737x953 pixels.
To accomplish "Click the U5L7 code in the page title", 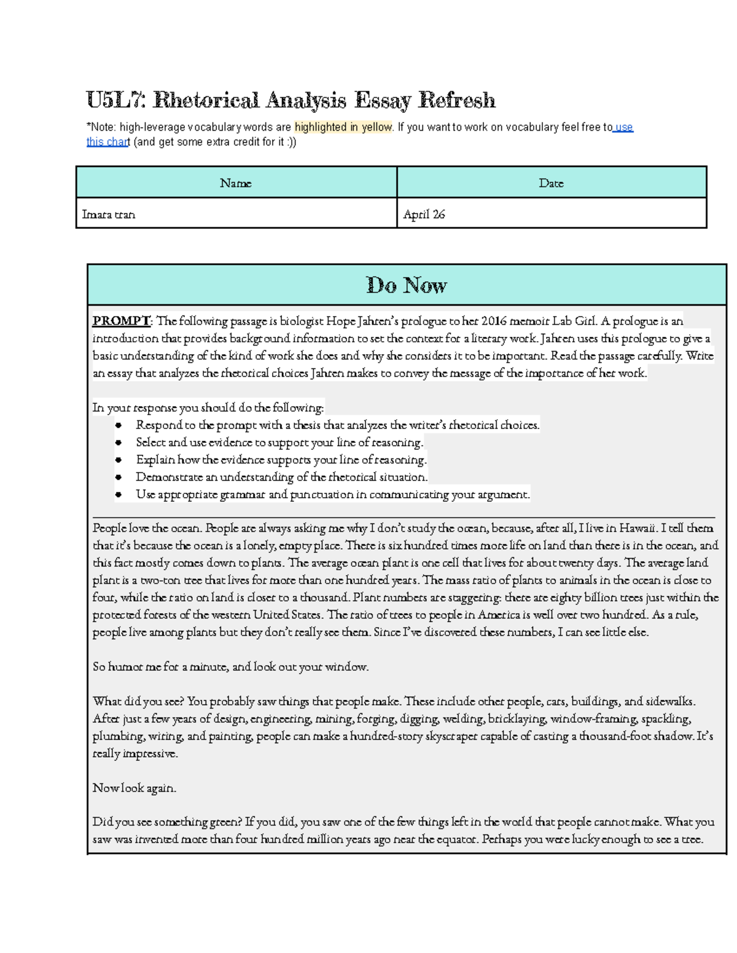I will pyautogui.click(x=116, y=99).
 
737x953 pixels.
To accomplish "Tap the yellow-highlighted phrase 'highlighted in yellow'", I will pyautogui.click(x=343, y=127).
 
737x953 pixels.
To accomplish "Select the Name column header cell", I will pyautogui.click(x=236, y=183).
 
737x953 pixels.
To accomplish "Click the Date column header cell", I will pyautogui.click(x=551, y=183).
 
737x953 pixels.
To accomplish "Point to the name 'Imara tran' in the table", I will pyautogui.click(x=108, y=215).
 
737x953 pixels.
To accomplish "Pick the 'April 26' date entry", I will pyautogui.click(x=424, y=215).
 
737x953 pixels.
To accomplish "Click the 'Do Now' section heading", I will pyautogui.click(x=406, y=285).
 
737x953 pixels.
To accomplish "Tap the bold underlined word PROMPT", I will pyautogui.click(x=121, y=321).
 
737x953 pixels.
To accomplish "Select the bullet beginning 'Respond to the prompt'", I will pyautogui.click(x=337, y=425).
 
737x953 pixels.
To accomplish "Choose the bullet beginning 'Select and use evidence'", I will pyautogui.click(x=279, y=442).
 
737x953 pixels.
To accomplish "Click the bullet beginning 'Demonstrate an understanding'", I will pyautogui.click(x=281, y=477).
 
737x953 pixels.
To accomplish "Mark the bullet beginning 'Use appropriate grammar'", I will pyautogui.click(x=332, y=494).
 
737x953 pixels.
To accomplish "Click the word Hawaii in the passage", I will pyautogui.click(x=637, y=528).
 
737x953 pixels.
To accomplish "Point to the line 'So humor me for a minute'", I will pyautogui.click(x=230, y=666).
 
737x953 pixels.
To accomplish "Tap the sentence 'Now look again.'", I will pyautogui.click(x=134, y=788).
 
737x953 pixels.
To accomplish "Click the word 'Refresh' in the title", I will pyautogui.click(x=456, y=99).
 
